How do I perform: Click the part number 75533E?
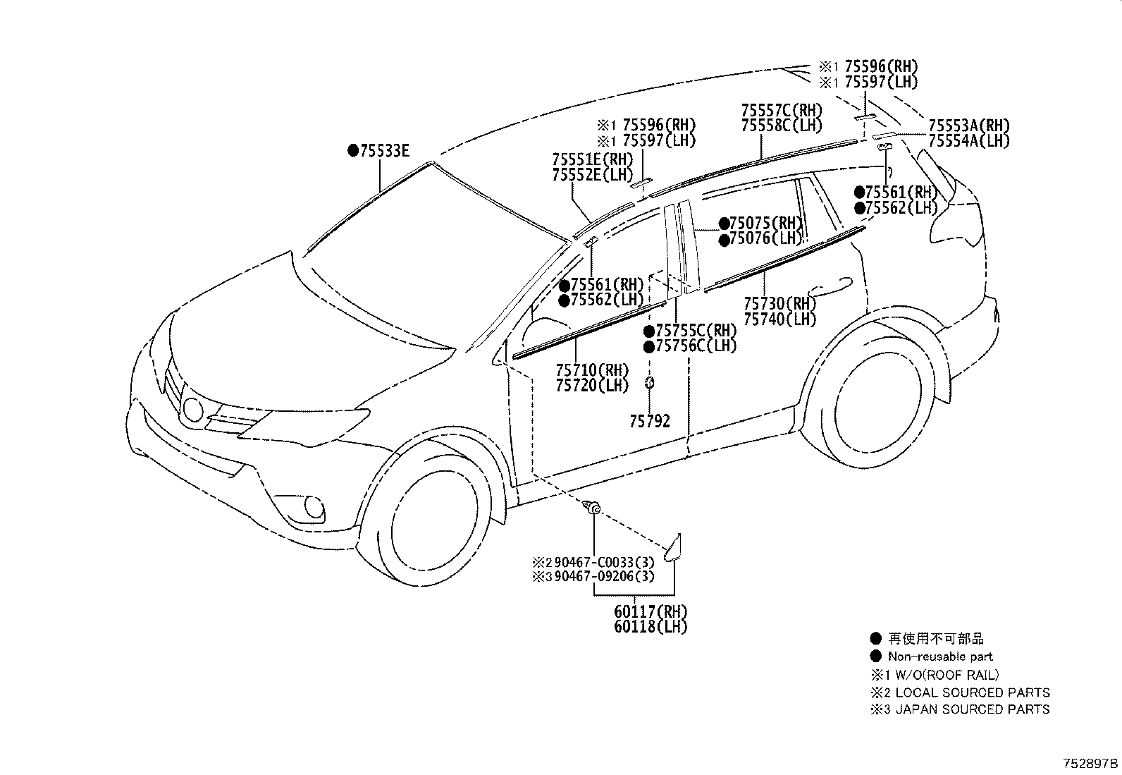click(x=385, y=150)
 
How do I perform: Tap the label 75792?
click(x=650, y=421)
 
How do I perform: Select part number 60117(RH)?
click(x=651, y=611)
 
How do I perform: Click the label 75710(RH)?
click(x=592, y=370)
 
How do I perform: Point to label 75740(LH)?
click(x=780, y=319)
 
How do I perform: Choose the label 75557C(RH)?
click(x=782, y=110)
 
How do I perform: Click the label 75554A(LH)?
click(x=969, y=141)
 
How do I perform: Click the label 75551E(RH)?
click(x=593, y=159)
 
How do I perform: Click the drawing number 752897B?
click(x=1090, y=764)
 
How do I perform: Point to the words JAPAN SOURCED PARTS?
click(x=972, y=709)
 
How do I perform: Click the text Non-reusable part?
click(x=940, y=657)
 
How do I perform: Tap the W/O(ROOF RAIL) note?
click(x=947, y=675)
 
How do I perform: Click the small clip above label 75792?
click(x=649, y=383)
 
